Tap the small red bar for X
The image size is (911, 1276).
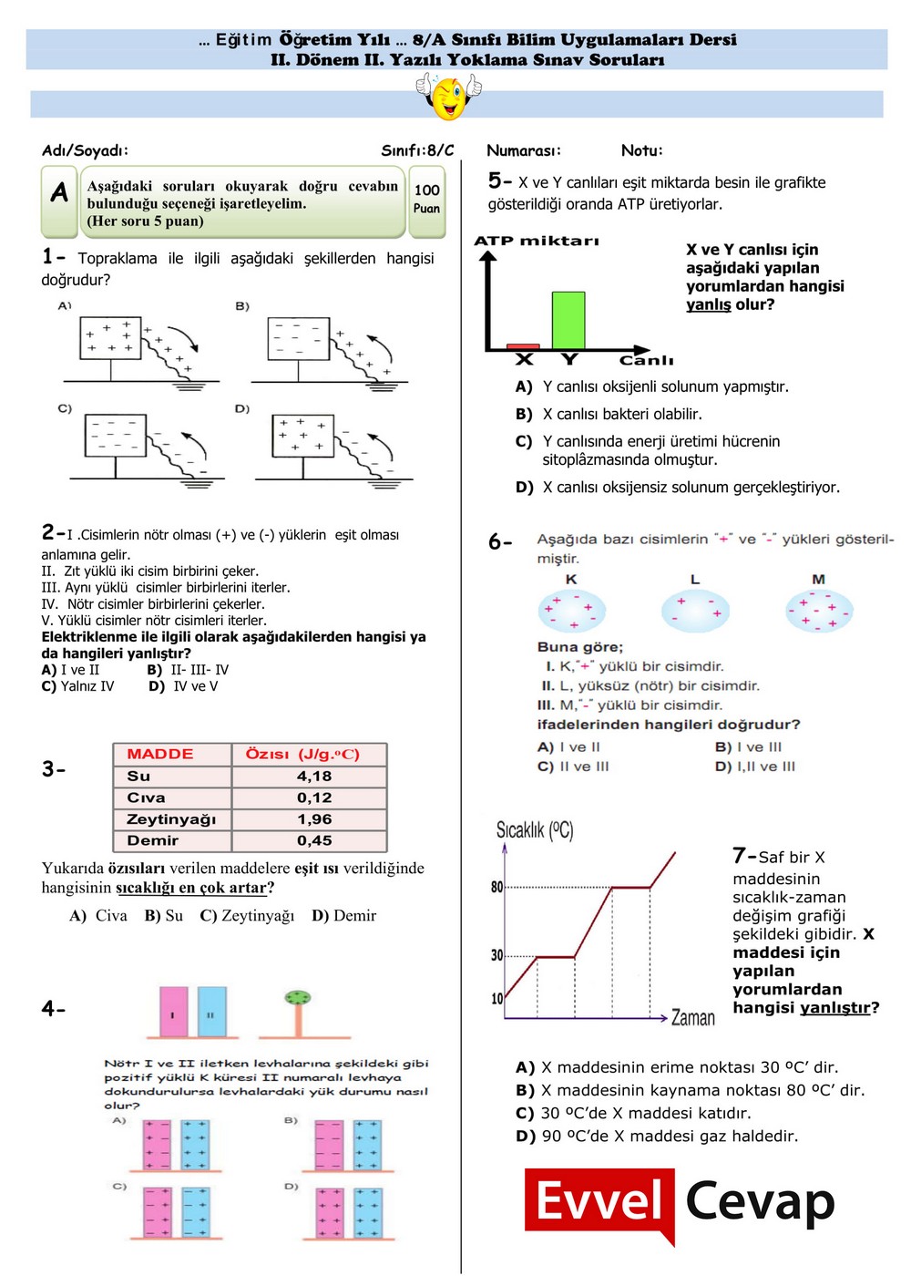pyautogui.click(x=523, y=346)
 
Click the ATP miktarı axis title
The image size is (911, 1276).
pyautogui.click(x=537, y=241)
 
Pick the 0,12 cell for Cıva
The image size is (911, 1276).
pyautogui.click(x=314, y=797)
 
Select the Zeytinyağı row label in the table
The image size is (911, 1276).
pyautogui.click(x=171, y=819)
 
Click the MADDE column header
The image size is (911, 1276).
pyautogui.click(x=160, y=754)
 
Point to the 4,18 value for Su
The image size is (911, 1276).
pyautogui.click(x=314, y=777)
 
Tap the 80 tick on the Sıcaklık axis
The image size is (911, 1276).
pyautogui.click(x=496, y=887)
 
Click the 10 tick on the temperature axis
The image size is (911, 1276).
pyautogui.click(x=496, y=998)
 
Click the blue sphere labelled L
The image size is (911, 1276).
pyautogui.click(x=695, y=610)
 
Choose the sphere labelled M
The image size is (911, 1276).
pyautogui.click(x=818, y=610)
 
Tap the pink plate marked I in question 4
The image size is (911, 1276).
pyautogui.click(x=173, y=1012)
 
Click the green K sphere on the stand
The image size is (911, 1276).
pyautogui.click(x=297, y=998)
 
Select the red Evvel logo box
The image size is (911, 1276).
pyautogui.click(x=599, y=1202)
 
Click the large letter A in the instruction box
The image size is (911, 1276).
pyautogui.click(x=60, y=192)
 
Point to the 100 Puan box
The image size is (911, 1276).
pyautogui.click(x=426, y=199)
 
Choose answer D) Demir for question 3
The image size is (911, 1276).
pyautogui.click(x=343, y=915)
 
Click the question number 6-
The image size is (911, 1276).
pyautogui.click(x=500, y=542)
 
